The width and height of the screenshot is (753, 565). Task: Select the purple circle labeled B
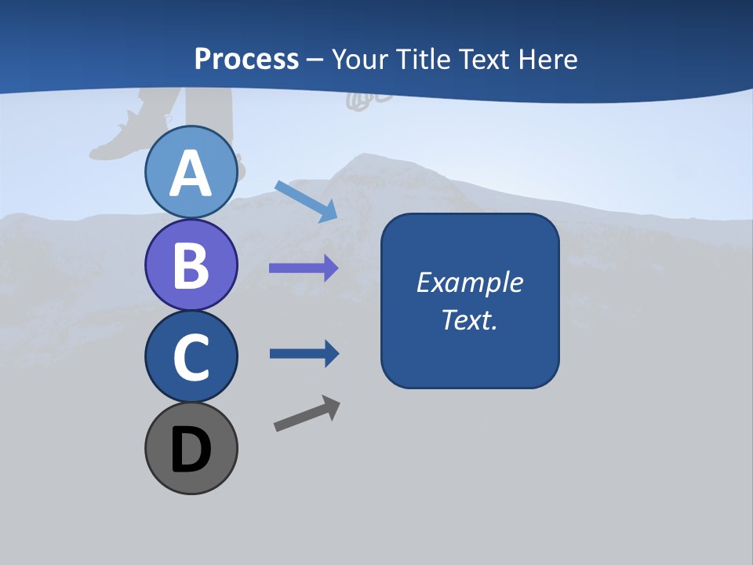(191, 264)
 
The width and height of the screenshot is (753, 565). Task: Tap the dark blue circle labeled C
(191, 356)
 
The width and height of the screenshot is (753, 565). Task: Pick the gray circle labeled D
(191, 448)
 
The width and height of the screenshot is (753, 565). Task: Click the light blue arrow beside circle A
(306, 200)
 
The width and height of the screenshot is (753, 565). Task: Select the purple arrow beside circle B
(304, 268)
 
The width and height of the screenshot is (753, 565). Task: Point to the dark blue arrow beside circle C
(304, 353)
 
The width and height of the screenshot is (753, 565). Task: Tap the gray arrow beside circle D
(307, 414)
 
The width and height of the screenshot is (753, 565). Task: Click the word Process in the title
(246, 59)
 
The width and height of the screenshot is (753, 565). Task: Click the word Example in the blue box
(469, 282)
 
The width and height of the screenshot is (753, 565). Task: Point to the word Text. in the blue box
(469, 319)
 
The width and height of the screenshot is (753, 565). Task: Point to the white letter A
(191, 174)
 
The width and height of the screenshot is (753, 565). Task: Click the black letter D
(191, 450)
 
